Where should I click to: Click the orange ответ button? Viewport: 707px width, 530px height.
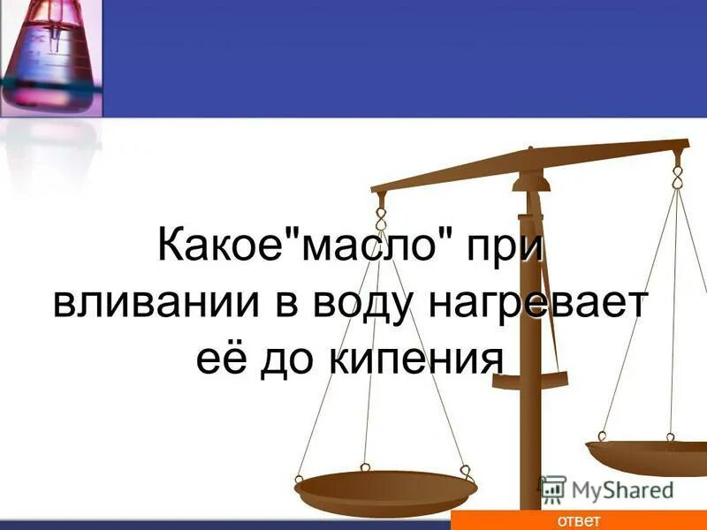[578, 520]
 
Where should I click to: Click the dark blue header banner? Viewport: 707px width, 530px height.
[398, 58]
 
